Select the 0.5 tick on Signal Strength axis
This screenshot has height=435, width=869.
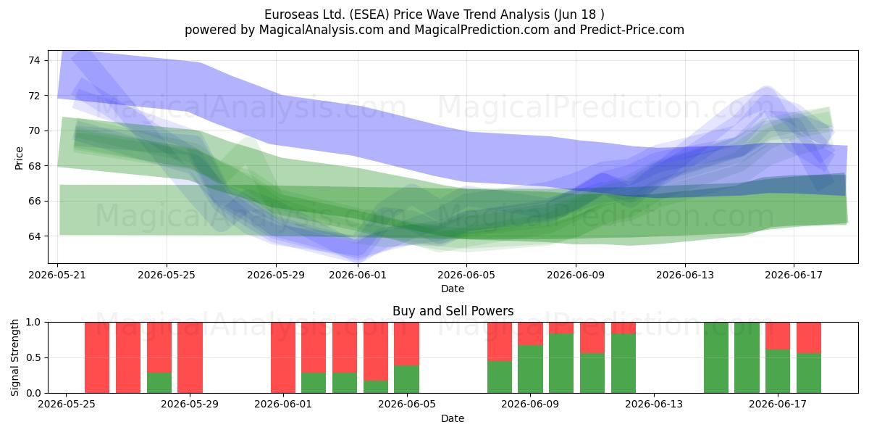click(33, 357)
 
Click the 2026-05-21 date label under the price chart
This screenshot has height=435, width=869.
click(57, 275)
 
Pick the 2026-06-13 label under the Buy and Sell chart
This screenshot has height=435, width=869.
click(654, 404)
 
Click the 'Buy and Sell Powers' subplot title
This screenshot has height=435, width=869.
click(453, 311)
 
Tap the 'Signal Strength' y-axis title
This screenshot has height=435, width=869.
click(14, 357)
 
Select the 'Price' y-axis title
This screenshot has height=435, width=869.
click(19, 158)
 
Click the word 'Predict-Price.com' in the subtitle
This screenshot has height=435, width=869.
click(632, 30)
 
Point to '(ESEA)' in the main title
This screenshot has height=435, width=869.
click(369, 14)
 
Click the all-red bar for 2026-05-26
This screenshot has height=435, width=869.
click(97, 357)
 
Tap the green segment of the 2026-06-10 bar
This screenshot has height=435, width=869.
click(561, 363)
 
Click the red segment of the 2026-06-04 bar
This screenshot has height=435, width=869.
click(376, 351)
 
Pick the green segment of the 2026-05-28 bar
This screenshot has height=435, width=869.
click(159, 383)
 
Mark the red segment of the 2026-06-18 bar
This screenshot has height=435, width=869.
click(809, 338)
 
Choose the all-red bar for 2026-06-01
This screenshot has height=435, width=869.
click(283, 357)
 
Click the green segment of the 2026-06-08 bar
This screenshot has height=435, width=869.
click(499, 377)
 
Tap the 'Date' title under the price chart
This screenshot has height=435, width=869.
click(453, 289)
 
